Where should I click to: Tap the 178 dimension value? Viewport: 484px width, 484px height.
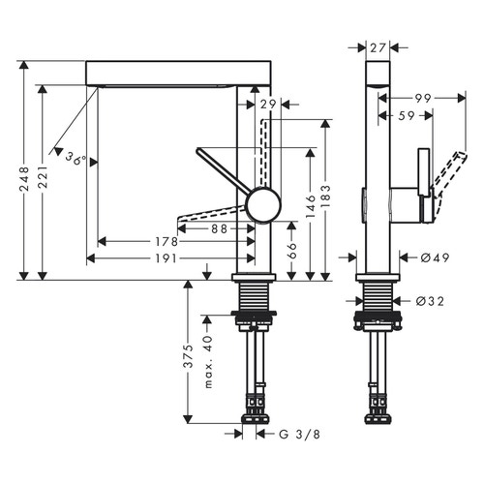pyautogui.click(x=166, y=242)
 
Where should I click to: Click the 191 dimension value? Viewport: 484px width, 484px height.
pyautogui.click(x=166, y=258)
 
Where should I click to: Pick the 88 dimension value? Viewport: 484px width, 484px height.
pyautogui.click(x=220, y=228)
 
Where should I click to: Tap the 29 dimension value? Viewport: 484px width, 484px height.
pyautogui.click(x=268, y=104)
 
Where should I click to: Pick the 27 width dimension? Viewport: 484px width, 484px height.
pyautogui.click(x=379, y=45)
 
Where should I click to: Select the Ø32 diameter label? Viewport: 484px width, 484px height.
pyautogui.click(x=430, y=301)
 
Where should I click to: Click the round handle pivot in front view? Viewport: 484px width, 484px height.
pyautogui.click(x=261, y=204)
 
